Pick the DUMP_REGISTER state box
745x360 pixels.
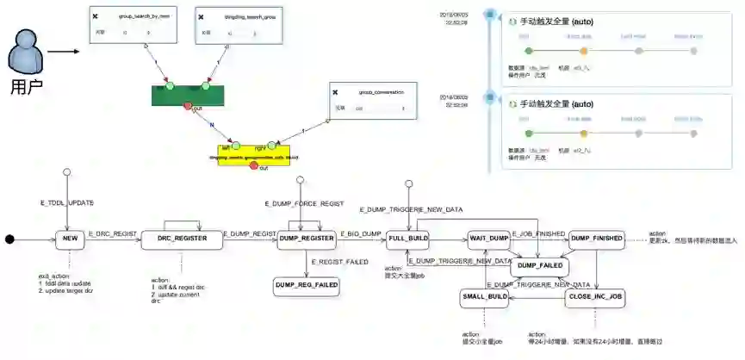[306, 239]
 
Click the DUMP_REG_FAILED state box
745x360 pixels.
[306, 283]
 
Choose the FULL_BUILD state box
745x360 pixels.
[407, 239]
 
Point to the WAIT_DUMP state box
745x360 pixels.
[488, 239]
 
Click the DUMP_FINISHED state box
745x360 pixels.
[596, 239]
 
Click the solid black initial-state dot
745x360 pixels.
[9, 239]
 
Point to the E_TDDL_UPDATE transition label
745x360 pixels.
[66, 202]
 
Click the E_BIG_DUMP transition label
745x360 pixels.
[360, 233]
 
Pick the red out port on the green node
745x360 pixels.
[189, 107]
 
